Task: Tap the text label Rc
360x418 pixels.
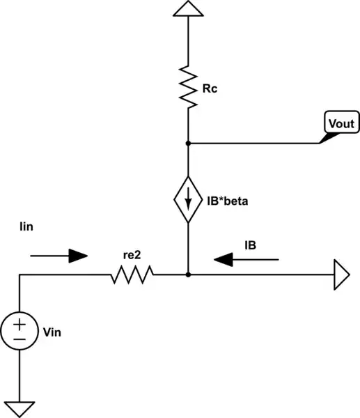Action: (208, 88)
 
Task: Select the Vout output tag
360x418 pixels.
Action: (341, 125)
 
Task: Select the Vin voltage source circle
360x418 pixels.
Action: (19, 332)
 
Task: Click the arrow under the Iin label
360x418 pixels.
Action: (59, 256)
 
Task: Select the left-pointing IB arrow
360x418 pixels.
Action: (246, 259)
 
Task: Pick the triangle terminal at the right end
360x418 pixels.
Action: (342, 275)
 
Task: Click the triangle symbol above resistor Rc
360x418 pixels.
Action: (188, 9)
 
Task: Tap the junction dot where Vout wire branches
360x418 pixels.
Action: (188, 143)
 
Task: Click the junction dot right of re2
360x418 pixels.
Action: (188, 275)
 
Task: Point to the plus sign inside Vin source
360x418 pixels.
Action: (19, 324)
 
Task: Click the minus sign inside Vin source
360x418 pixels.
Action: (19, 339)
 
